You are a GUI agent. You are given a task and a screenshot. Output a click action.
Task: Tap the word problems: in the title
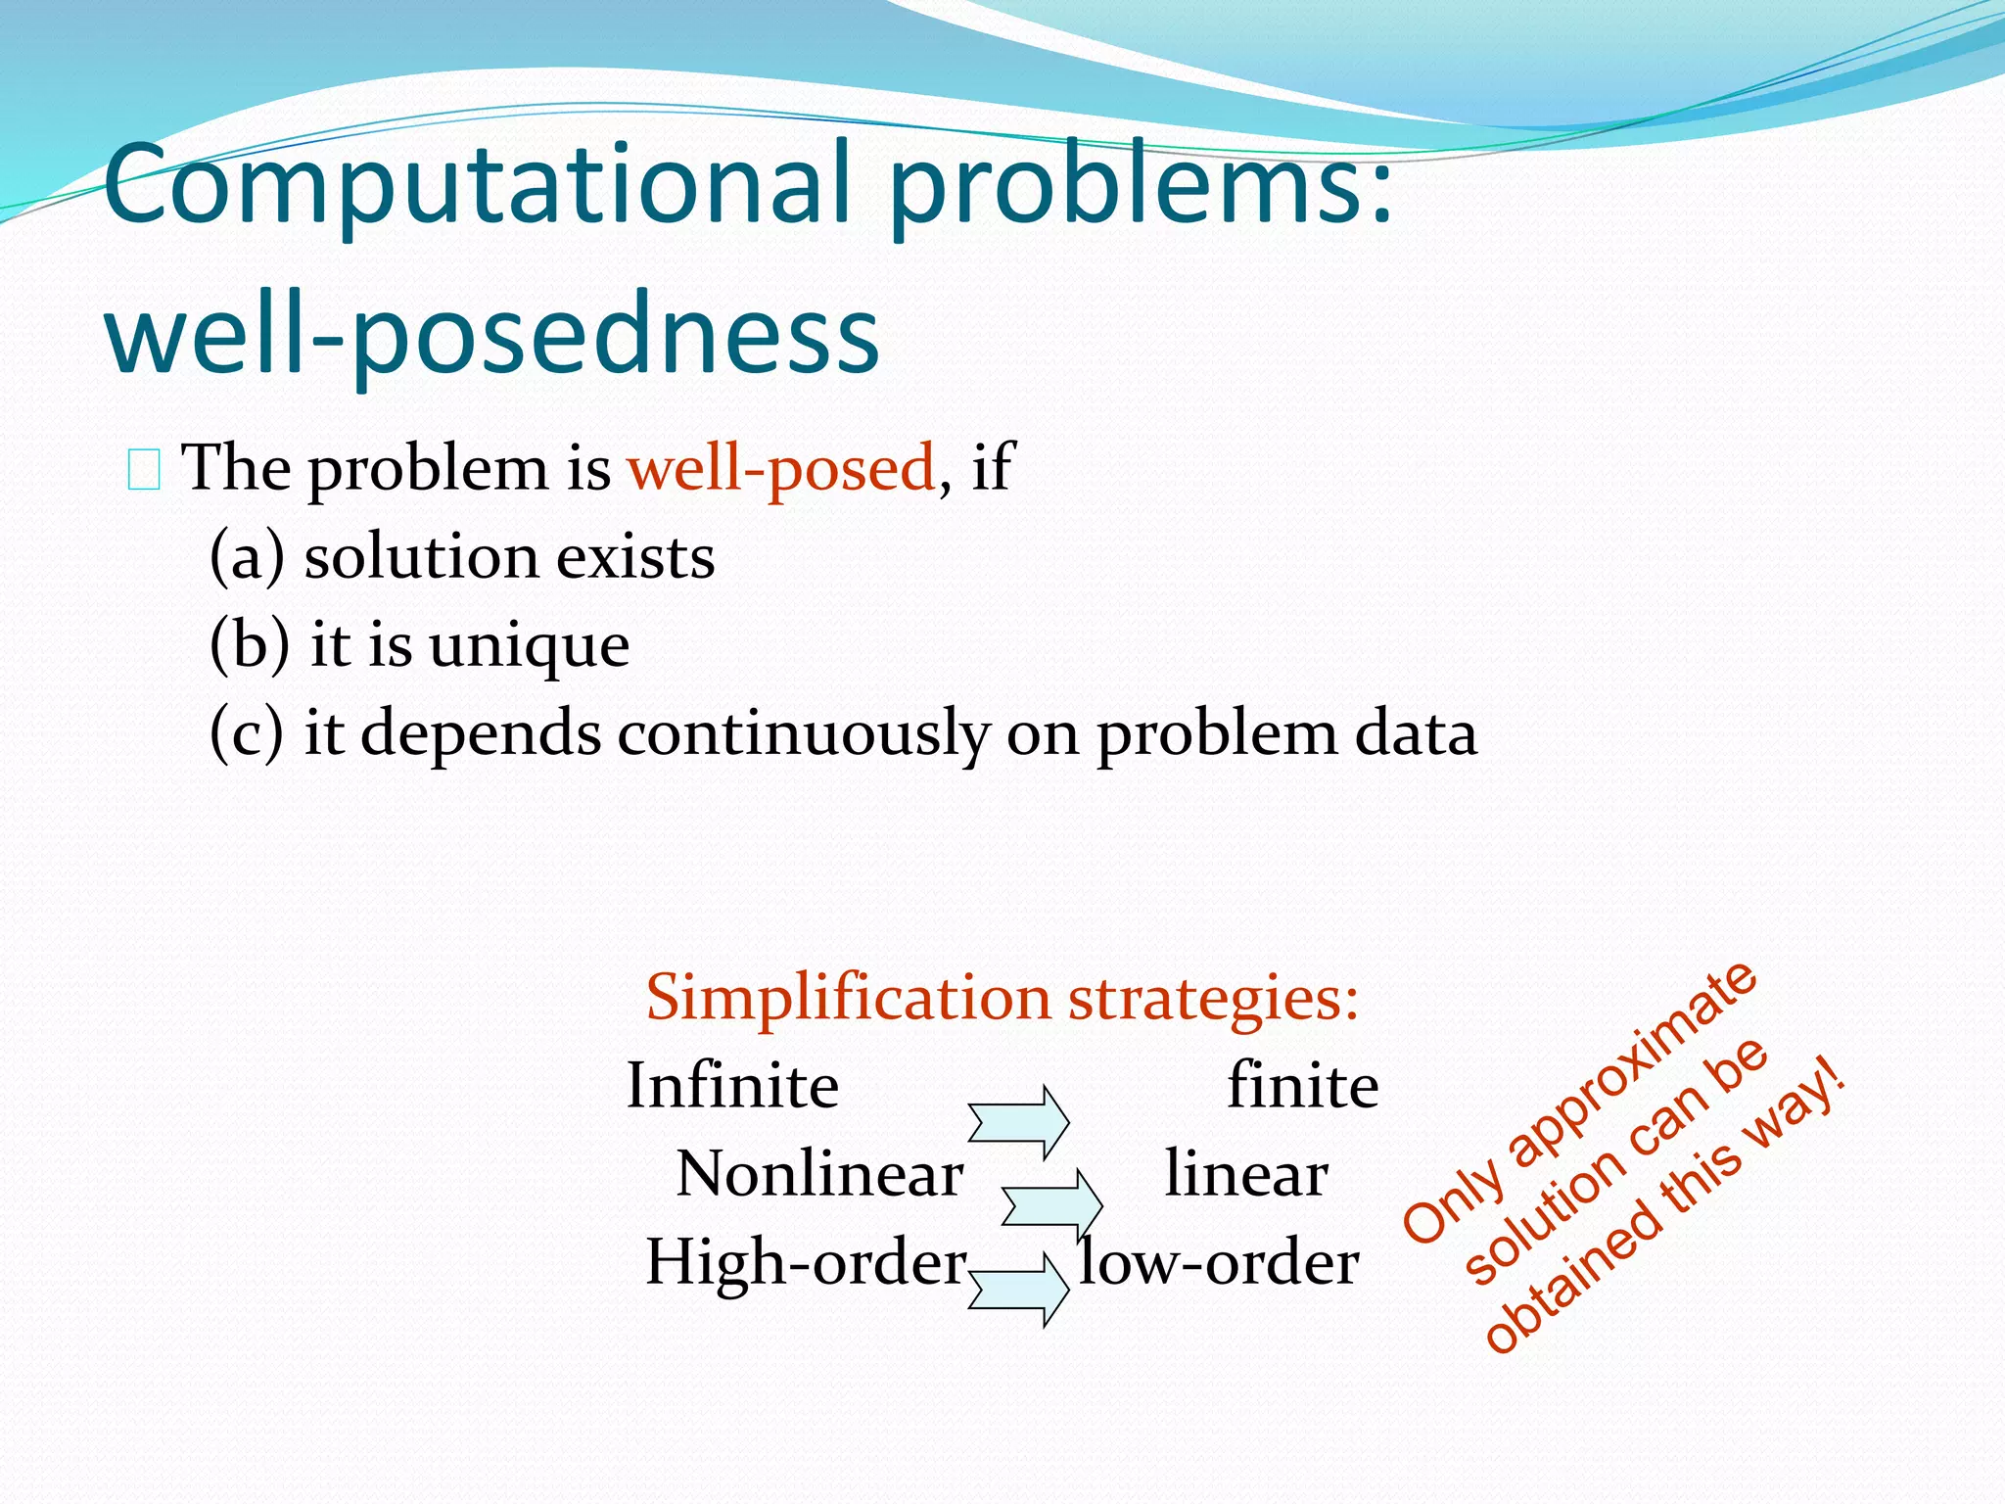[1141, 186]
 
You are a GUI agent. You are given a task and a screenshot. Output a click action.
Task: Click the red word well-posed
[781, 468]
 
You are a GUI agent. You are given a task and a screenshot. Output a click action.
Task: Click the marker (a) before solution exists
[247, 557]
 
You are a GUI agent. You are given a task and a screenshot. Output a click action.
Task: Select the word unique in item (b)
[529, 646]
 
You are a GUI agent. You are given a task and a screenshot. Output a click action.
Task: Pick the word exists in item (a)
[635, 557]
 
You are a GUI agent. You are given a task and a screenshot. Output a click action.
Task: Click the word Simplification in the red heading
[848, 999]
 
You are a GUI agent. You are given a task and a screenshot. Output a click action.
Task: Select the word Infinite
[732, 1086]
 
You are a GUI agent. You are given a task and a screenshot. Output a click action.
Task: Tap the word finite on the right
[1303, 1086]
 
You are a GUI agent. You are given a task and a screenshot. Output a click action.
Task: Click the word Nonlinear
[819, 1174]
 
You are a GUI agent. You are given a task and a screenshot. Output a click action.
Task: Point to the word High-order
[806, 1262]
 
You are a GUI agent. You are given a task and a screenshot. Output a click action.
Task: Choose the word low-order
[1219, 1262]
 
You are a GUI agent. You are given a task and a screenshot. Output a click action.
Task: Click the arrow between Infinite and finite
[1019, 1122]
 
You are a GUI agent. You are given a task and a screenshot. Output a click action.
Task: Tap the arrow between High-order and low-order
[1019, 1290]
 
